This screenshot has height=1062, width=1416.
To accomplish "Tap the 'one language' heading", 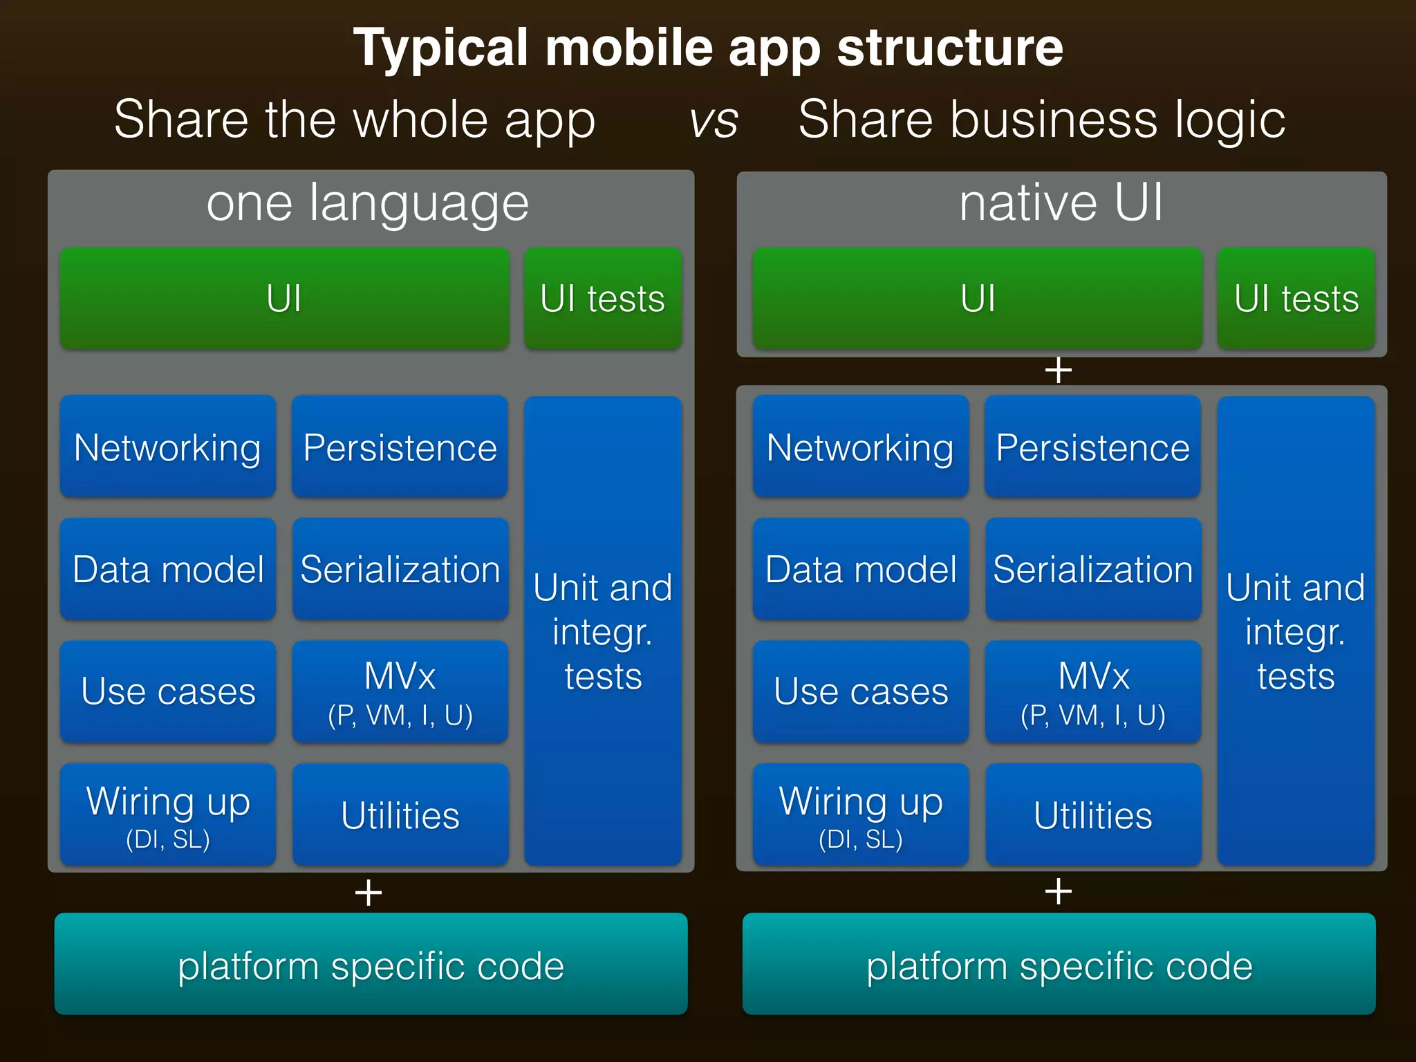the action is [x=368, y=203].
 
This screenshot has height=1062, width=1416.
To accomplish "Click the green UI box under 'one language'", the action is [x=284, y=299].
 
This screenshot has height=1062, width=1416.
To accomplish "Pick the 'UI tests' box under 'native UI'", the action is [x=1296, y=299].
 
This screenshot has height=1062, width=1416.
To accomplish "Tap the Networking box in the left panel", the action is [x=168, y=447].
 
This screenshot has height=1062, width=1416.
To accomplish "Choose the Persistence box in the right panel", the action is [x=1092, y=447].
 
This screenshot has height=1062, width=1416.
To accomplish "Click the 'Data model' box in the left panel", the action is [x=168, y=569].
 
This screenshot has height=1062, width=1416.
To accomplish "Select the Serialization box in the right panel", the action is [x=1093, y=569].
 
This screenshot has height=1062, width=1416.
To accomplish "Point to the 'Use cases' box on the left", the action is [x=168, y=691].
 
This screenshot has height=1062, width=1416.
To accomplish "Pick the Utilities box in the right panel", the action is [x=1093, y=814].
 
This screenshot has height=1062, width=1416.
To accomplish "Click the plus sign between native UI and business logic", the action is [x=1059, y=371].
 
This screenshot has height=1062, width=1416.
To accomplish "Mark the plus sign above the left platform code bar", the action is [x=369, y=893].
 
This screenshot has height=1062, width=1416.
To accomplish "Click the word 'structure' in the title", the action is [x=950, y=48].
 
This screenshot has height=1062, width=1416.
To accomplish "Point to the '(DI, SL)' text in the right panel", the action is [x=861, y=839].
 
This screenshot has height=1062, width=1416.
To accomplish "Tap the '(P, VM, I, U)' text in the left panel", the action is [x=400, y=716].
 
